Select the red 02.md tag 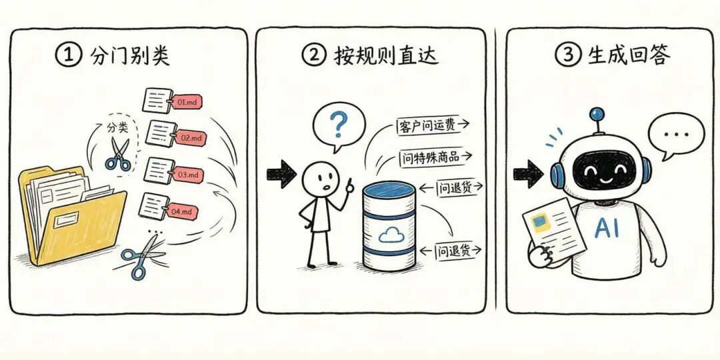point(189,138)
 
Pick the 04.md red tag point(182,212)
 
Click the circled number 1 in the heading point(68,55)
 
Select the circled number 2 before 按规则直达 point(313,55)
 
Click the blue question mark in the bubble point(339,123)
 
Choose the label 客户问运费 point(427,125)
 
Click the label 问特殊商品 point(429,157)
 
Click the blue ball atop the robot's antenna point(597,115)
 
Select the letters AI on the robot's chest point(607,227)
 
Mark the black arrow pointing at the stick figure point(281,174)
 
